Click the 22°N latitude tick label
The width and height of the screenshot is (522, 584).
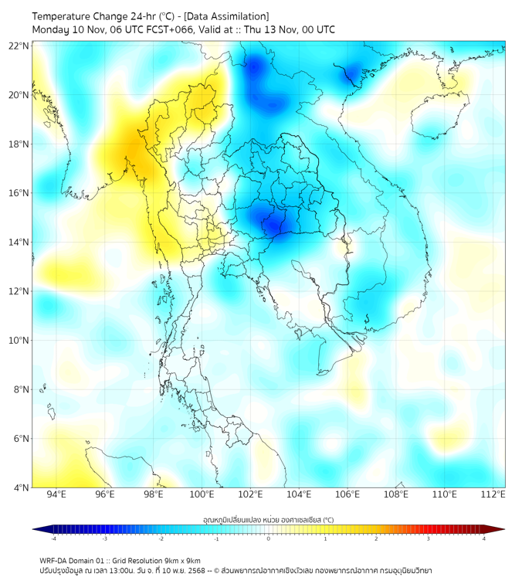tap(19, 46)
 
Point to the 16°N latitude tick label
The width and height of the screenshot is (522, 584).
tap(19, 193)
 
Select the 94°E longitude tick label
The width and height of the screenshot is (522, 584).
tap(56, 494)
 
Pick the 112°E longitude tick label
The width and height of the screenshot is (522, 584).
tap(493, 494)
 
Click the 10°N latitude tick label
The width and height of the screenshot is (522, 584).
tap(19, 341)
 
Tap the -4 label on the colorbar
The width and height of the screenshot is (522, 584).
tap(53, 538)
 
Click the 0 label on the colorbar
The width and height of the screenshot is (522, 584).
tap(269, 538)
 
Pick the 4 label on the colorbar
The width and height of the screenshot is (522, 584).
tap(484, 538)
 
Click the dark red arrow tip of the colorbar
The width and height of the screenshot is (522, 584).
tap(500, 529)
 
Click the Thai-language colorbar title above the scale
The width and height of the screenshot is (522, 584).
tap(268, 519)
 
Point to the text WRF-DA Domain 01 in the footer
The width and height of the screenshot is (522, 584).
tap(75, 560)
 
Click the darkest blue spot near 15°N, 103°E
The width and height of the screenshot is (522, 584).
tap(274, 224)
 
